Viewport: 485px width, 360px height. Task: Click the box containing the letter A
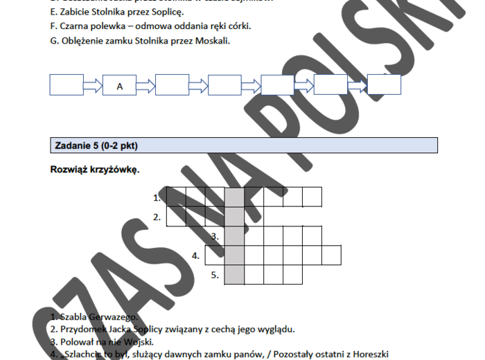click(120, 86)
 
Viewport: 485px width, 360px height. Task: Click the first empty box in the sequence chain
click(67, 86)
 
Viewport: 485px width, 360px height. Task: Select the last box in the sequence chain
click(384, 85)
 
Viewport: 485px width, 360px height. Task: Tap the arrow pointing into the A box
click(93, 86)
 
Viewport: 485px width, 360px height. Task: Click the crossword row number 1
click(157, 198)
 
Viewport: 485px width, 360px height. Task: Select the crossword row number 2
click(157, 217)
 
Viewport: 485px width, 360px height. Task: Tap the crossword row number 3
click(215, 237)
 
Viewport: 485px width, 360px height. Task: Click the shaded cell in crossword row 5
click(235, 274)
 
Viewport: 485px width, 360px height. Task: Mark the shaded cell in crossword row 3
click(235, 235)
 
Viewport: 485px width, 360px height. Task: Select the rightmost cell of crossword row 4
click(331, 255)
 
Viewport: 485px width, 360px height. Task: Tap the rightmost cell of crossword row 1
click(312, 197)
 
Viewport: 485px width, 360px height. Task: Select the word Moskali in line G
click(211, 40)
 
